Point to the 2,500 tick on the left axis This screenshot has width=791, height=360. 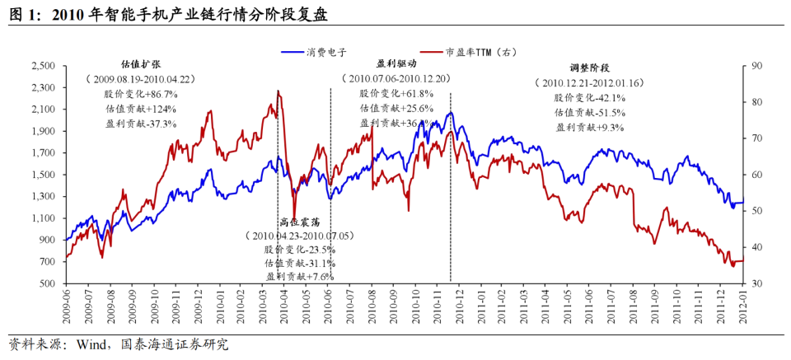(x=43, y=65)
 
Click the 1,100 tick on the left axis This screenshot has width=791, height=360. (x=43, y=218)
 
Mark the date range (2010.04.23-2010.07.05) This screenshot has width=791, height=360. (x=299, y=235)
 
